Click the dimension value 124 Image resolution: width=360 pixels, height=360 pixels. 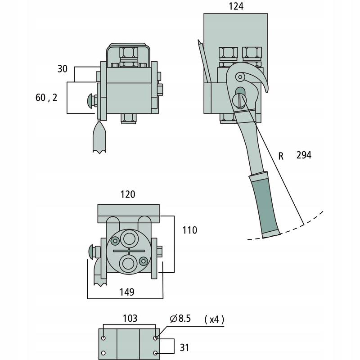[236, 6]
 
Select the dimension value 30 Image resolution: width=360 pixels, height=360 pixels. [62, 69]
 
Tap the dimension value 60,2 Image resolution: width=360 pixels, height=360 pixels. [46, 98]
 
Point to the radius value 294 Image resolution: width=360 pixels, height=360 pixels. [304, 155]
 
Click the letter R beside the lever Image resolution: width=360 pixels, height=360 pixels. [281, 156]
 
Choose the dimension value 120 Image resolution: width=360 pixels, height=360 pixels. [128, 194]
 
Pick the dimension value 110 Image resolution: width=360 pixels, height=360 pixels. [189, 230]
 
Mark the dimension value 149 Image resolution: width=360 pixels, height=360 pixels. [127, 292]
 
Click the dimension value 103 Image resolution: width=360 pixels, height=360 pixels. [130, 319]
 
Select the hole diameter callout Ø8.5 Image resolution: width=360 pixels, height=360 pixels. [180, 319]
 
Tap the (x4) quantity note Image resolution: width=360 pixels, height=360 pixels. [214, 319]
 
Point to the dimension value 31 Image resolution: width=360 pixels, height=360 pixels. [184, 347]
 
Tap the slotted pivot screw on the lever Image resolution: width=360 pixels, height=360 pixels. [239, 100]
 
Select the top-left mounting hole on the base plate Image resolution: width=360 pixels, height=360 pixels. [103, 338]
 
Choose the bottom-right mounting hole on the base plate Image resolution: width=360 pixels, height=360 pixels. [155, 353]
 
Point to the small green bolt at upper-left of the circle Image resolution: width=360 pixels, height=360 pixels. [115, 241]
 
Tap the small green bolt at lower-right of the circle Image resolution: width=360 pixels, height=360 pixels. [144, 261]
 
